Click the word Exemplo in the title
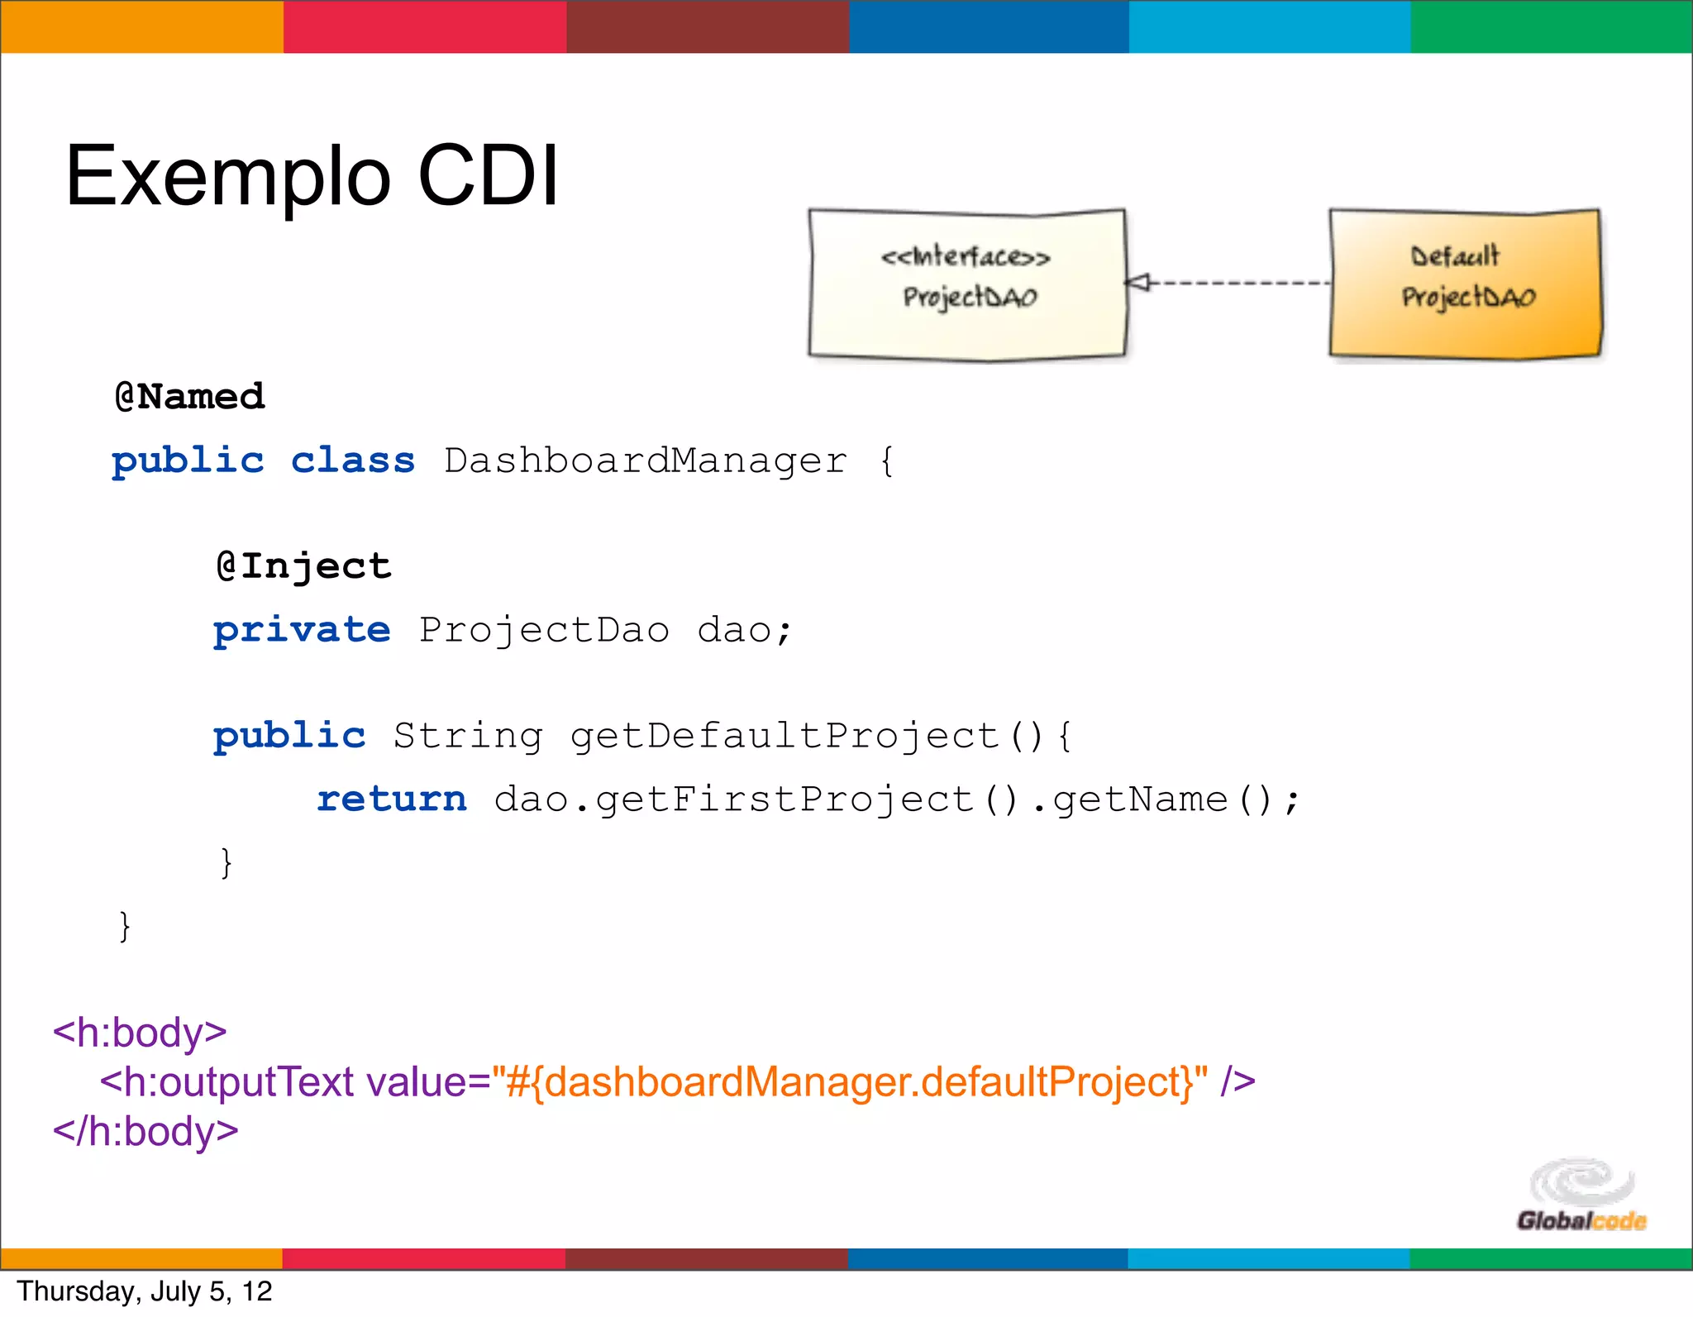click(227, 176)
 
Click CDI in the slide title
click(488, 176)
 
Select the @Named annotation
click(189, 397)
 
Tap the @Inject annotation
click(303, 566)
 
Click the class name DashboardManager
click(646, 461)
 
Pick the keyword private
click(302, 630)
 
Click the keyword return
click(392, 799)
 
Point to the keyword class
click(353, 461)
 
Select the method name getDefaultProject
click(785, 736)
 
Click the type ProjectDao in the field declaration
click(544, 630)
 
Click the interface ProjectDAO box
click(967, 284)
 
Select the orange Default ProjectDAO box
click(1465, 284)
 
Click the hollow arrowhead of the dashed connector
click(1138, 283)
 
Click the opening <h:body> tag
click(140, 1033)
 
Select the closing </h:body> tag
click(145, 1131)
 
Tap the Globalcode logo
click(1581, 1196)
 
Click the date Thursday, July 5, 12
click(145, 1291)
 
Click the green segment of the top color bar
click(1552, 26)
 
